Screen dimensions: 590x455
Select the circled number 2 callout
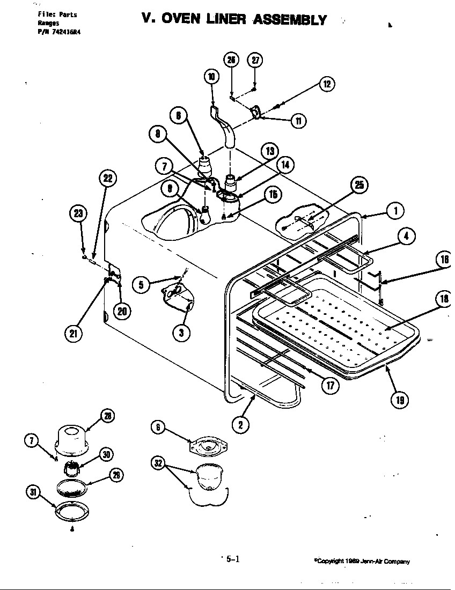click(x=240, y=425)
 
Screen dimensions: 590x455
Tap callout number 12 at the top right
click(x=327, y=84)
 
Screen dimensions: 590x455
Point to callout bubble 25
click(x=358, y=185)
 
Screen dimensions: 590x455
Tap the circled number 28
click(x=108, y=416)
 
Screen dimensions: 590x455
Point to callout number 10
click(x=211, y=77)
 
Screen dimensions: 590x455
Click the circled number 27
click(x=255, y=60)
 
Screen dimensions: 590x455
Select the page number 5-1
click(x=232, y=559)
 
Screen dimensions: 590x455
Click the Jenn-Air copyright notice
click(x=362, y=562)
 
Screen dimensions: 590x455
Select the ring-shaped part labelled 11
click(x=256, y=112)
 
